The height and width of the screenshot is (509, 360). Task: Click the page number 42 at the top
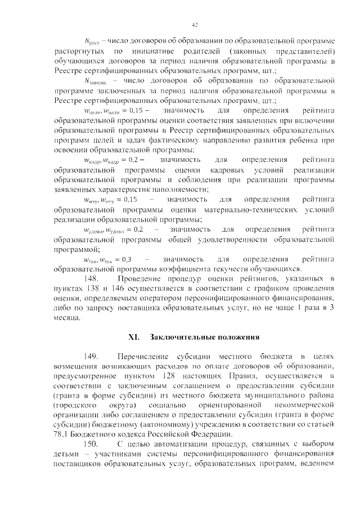click(195, 25)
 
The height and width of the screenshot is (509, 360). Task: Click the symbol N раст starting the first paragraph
click(91, 42)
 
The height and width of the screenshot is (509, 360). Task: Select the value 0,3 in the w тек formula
click(127, 259)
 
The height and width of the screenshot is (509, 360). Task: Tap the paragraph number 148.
click(92, 279)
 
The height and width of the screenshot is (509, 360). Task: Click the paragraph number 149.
click(92, 357)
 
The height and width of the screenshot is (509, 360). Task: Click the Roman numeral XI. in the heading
click(134, 337)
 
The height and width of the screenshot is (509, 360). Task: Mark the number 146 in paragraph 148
click(115, 289)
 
